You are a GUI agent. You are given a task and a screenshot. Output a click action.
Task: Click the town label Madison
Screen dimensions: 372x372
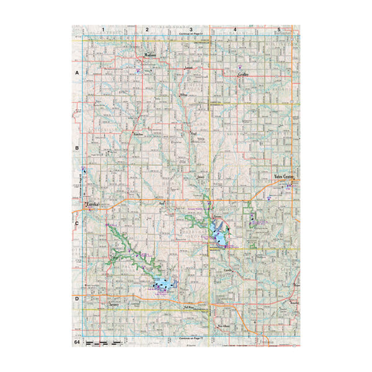[149, 55]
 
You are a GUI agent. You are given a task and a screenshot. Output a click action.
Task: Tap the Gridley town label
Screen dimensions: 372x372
[244, 74]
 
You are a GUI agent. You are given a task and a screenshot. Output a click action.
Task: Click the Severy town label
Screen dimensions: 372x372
[113, 305]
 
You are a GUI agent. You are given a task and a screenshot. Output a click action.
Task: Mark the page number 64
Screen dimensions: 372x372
[77, 342]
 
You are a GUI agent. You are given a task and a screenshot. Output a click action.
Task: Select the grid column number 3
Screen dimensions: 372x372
[191, 29]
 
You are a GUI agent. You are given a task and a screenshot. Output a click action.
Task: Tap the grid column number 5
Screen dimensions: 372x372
[279, 29]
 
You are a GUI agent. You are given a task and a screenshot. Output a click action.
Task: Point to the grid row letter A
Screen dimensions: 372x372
[77, 73]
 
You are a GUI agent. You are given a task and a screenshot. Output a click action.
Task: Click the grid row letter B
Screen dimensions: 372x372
[77, 149]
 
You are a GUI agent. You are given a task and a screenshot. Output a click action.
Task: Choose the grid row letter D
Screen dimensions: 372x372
[77, 299]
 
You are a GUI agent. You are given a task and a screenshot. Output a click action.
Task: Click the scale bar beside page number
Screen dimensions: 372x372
[103, 342]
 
